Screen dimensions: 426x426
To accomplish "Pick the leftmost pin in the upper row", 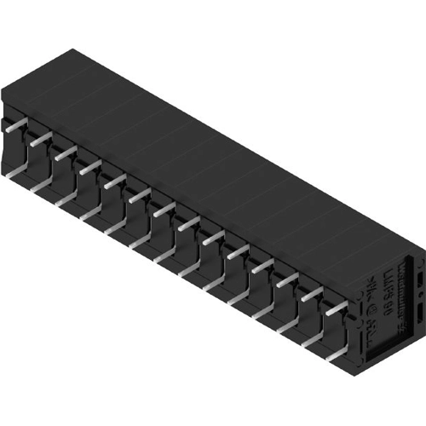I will coord(13,128).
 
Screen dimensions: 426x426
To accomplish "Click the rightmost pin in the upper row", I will coord(337,308).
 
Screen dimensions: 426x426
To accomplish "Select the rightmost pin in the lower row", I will coord(336,354).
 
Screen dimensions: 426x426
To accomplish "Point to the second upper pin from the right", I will coord(312,294).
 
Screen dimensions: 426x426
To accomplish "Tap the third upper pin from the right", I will coord(287,280).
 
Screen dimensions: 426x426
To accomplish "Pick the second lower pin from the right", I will coord(312,340).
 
